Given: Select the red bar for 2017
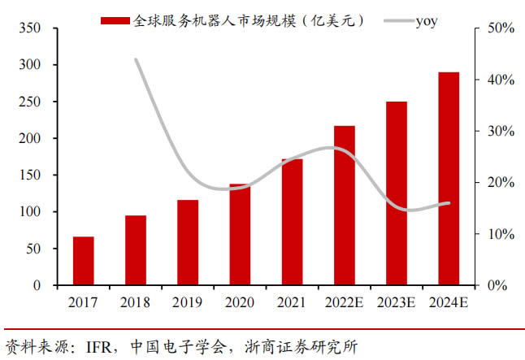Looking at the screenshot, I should [x=84, y=261].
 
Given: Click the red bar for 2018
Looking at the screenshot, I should [x=136, y=250].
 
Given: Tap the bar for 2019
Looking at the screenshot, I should [x=188, y=242].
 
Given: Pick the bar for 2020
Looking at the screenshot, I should [x=240, y=235].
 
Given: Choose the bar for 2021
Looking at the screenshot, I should [x=292, y=222].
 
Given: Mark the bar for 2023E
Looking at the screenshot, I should [x=396, y=193].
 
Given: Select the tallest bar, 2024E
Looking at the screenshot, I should [x=448, y=179].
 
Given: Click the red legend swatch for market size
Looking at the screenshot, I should [x=114, y=20].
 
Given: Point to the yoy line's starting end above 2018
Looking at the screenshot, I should [x=136, y=59].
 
